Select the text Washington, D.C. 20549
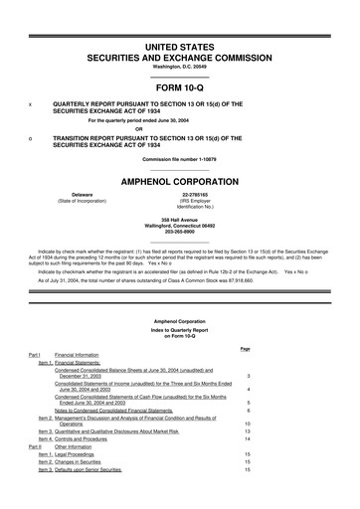tap(180, 52)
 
